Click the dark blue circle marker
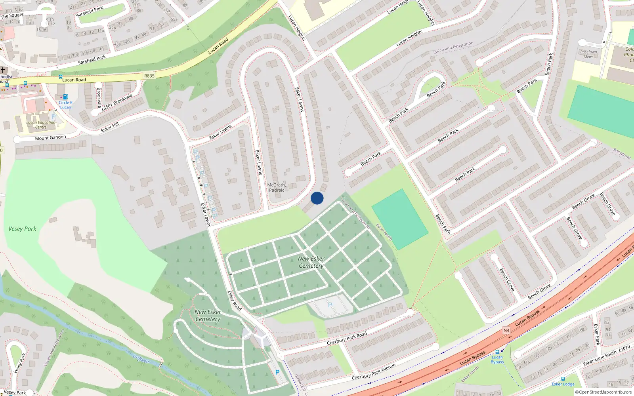click(x=317, y=198)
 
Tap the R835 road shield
click(x=149, y=76)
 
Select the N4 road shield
click(x=506, y=330)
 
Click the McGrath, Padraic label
click(x=277, y=187)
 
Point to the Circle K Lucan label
click(x=66, y=105)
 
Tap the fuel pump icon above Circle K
click(x=66, y=97)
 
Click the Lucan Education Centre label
click(x=41, y=125)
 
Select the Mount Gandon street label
click(x=51, y=138)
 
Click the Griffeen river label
click(x=141, y=359)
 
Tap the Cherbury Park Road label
click(x=347, y=338)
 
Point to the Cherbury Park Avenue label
click(x=374, y=371)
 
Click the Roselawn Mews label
click(x=588, y=54)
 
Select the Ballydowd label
click(x=622, y=154)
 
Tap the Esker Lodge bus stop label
click(x=563, y=384)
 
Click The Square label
click(x=12, y=16)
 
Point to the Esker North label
click(x=384, y=232)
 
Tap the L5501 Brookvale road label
click(x=117, y=102)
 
